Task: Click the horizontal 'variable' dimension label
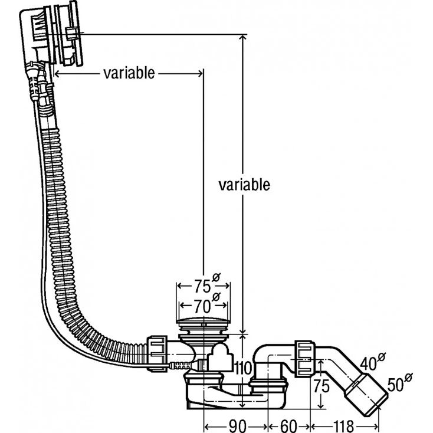(129, 73)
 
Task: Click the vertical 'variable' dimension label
(244, 185)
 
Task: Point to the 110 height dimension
(243, 369)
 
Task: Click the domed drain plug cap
(202, 324)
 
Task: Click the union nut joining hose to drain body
(158, 352)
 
